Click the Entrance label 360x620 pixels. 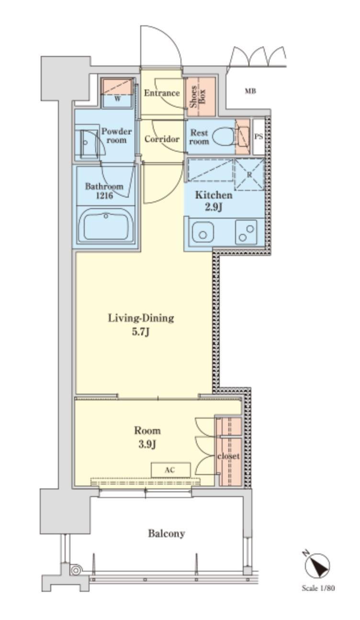(162, 93)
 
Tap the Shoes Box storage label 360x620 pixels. (197, 97)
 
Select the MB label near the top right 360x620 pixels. (250, 91)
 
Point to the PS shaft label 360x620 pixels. (259, 137)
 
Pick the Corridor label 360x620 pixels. (162, 139)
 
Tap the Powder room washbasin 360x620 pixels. (88, 143)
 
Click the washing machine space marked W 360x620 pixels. (117, 93)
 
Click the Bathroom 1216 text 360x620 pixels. (104, 191)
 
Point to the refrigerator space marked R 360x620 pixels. (249, 174)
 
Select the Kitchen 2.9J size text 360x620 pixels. (214, 200)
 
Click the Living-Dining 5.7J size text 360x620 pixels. (141, 325)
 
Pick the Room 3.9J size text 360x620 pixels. (147, 438)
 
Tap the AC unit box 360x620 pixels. (170, 470)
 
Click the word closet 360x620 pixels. (228, 455)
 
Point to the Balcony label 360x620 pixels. (167, 533)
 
